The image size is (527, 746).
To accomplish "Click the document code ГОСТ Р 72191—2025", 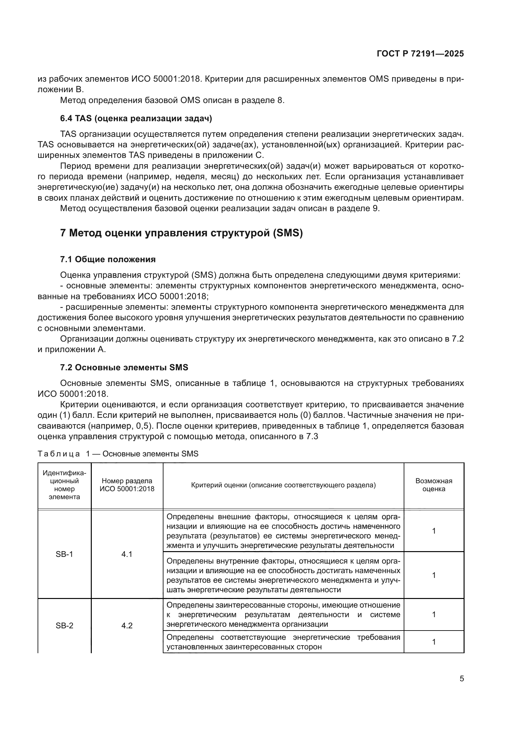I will (x=420, y=54).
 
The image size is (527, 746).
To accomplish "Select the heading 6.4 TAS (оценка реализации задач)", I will (x=136, y=119).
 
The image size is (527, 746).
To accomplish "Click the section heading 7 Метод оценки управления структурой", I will (x=181, y=233).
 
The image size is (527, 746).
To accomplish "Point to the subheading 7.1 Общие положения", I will (x=108, y=259).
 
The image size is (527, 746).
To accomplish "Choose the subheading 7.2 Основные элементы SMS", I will (x=124, y=367).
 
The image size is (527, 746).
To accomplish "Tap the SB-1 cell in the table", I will (x=64, y=554).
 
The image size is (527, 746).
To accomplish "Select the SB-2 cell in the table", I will (x=64, y=625).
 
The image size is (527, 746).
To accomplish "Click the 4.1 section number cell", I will (x=127, y=554).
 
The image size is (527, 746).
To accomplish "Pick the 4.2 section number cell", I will (x=127, y=625).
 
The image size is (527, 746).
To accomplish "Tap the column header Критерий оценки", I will (x=283, y=485).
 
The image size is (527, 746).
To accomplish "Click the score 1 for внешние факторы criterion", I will (x=434, y=531).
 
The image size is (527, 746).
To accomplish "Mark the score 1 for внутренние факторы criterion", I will (x=434, y=575).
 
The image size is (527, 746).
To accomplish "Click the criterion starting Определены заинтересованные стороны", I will (x=283, y=614).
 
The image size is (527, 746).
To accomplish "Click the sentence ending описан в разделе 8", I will (x=172, y=100).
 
